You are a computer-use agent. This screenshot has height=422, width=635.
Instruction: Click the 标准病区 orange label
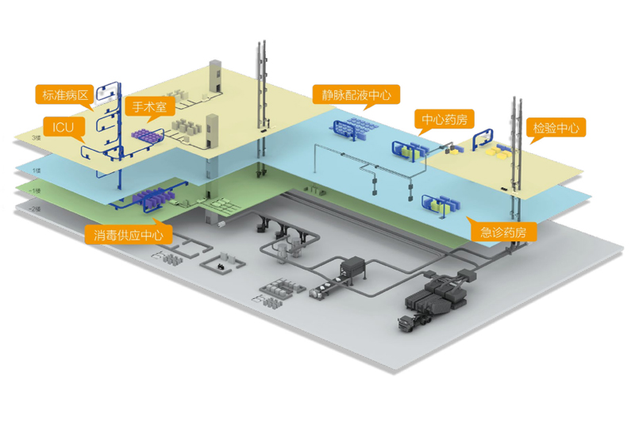pyautogui.click(x=64, y=96)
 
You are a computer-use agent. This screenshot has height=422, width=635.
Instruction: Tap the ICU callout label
pyautogui.click(x=63, y=126)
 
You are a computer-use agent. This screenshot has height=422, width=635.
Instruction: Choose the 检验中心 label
pyautogui.click(x=556, y=128)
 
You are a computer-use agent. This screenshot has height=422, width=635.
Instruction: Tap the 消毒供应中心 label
pyautogui.click(x=129, y=235)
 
